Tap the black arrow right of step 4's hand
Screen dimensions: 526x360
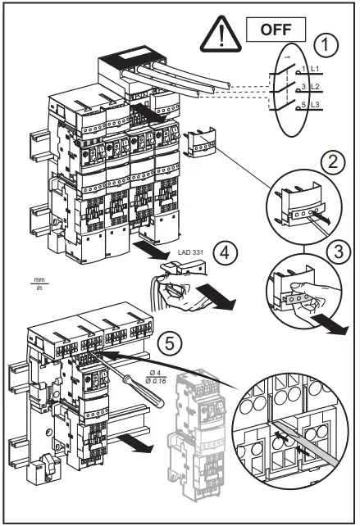[219, 295]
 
